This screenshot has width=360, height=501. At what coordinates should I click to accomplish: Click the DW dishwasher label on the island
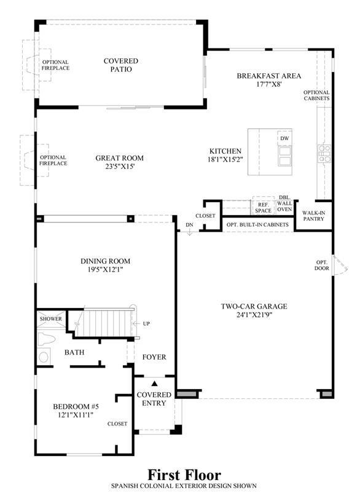click(x=284, y=138)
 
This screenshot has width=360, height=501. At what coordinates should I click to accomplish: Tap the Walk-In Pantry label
click(x=313, y=216)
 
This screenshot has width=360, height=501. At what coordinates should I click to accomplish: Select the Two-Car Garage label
click(x=254, y=306)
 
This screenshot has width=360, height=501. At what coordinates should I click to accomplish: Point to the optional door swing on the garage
click(x=340, y=265)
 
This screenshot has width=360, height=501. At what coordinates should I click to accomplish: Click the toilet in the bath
click(x=45, y=339)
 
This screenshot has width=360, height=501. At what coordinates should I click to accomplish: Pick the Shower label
click(x=51, y=318)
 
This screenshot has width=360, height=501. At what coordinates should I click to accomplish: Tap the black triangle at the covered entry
click(x=155, y=384)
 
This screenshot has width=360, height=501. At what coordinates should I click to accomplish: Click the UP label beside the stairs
click(x=146, y=324)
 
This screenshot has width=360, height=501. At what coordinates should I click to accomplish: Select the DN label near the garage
click(x=189, y=224)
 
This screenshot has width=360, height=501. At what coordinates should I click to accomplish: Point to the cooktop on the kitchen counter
click(x=324, y=153)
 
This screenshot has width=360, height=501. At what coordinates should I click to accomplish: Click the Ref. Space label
click(x=263, y=207)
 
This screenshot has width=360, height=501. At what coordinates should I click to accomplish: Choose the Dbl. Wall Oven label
click(x=284, y=203)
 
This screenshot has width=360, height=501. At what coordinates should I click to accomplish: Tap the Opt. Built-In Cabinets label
click(x=257, y=224)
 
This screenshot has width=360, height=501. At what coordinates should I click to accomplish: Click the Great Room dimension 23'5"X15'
click(x=120, y=166)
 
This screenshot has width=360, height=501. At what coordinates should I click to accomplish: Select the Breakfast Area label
click(x=268, y=76)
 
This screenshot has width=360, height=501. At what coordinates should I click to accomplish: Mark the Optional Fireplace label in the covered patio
click(x=55, y=65)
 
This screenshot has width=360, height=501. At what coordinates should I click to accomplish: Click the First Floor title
click(x=184, y=475)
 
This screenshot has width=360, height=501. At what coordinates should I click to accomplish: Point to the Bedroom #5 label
click(x=76, y=406)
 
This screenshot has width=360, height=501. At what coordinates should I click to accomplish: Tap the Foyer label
click(x=154, y=357)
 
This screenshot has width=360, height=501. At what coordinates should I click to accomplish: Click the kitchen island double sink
click(x=284, y=156)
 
